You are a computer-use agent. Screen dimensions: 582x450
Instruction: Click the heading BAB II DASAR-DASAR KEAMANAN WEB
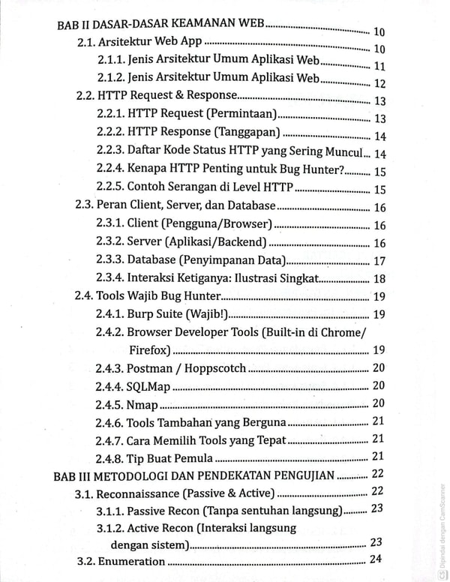[161, 25]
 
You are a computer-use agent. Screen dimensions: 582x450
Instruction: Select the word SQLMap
[148, 386]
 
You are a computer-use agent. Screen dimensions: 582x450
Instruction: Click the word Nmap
[142, 404]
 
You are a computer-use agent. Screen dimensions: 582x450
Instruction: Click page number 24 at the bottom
[375, 559]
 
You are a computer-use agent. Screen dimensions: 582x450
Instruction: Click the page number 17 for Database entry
[379, 261]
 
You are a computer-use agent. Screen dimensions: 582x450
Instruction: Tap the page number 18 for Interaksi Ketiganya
[379, 279]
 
